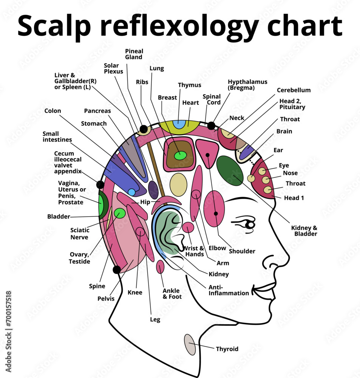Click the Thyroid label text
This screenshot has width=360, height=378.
point(227,349)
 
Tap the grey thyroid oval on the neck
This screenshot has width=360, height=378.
point(190,344)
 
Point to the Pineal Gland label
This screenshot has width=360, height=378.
point(134,54)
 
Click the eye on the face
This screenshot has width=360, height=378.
point(249,225)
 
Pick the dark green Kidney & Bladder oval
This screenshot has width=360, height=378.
point(230,171)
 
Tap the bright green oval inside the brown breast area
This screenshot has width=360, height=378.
point(180,155)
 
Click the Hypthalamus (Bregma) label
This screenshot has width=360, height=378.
point(247,85)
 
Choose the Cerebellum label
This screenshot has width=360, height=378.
point(294,90)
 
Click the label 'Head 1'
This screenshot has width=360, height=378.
point(294,198)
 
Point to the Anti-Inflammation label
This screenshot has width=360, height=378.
point(229,290)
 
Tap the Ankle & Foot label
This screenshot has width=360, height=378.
point(172,294)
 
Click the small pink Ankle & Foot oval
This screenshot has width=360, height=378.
point(160,267)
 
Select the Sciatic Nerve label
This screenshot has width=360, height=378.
point(80,234)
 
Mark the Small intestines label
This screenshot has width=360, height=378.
point(57,136)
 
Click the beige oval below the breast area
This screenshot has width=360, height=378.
point(178,185)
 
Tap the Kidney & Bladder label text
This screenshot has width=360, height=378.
point(304,231)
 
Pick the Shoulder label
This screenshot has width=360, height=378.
point(242,251)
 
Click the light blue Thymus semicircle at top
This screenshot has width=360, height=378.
point(179,124)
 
